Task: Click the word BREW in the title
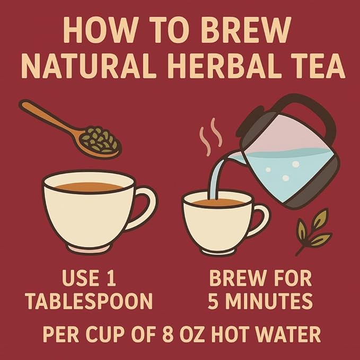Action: (247, 30)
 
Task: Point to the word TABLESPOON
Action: (89, 301)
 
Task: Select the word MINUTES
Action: (268, 301)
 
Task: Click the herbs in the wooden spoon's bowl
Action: (100, 140)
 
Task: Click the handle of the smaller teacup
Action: (262, 220)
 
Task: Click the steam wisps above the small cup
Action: (211, 137)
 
